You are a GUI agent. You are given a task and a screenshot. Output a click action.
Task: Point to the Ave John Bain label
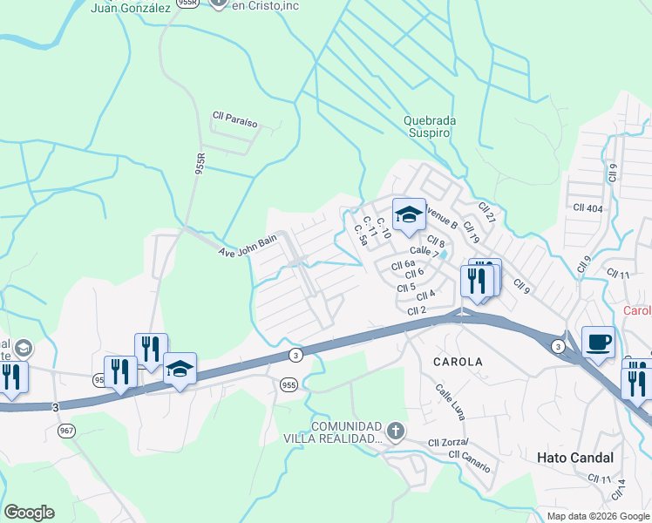[x=247, y=246]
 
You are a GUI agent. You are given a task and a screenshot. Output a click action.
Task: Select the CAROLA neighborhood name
[x=458, y=360]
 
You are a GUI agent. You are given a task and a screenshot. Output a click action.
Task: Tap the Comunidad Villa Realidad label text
[x=335, y=432]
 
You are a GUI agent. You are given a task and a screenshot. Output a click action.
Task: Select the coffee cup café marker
[x=598, y=342]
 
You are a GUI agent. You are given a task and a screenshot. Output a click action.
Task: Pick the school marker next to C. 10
[x=408, y=214]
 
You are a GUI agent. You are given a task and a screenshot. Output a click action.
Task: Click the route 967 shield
[x=66, y=431]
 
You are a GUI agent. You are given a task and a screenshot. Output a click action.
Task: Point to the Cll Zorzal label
[x=448, y=443]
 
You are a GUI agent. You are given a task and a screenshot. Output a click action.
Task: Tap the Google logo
[x=29, y=513]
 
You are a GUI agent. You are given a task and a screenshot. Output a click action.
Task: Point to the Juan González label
[x=130, y=9]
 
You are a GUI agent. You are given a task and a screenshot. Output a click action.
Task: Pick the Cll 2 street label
[x=416, y=310]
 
